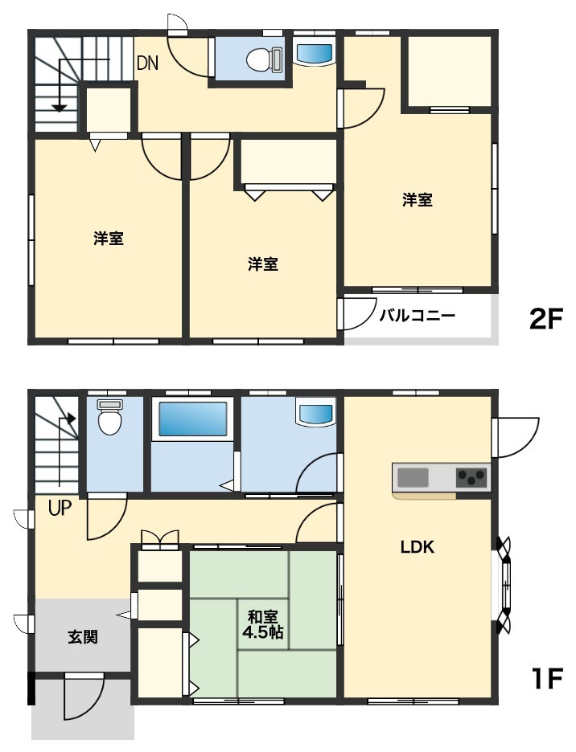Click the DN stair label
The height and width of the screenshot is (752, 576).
click(x=147, y=63)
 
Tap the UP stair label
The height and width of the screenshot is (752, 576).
click(x=60, y=508)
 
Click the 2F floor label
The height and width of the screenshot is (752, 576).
click(x=545, y=319)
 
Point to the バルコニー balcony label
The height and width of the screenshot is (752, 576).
click(x=417, y=316)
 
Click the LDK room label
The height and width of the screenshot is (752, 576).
click(x=418, y=547)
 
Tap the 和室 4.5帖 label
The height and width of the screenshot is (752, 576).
click(x=263, y=624)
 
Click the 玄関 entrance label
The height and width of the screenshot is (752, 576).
click(x=83, y=637)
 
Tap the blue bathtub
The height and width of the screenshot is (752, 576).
click(x=192, y=419)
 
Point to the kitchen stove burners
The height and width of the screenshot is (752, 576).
click(x=471, y=478)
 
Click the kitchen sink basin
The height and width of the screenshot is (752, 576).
click(x=413, y=478)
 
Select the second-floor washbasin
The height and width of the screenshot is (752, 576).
click(x=315, y=54)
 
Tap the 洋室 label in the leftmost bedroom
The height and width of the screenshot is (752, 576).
click(x=109, y=239)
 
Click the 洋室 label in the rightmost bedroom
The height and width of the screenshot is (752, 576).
click(x=417, y=199)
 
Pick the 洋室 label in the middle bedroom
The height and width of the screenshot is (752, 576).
click(x=263, y=264)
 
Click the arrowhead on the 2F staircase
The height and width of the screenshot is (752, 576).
click(x=59, y=108)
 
